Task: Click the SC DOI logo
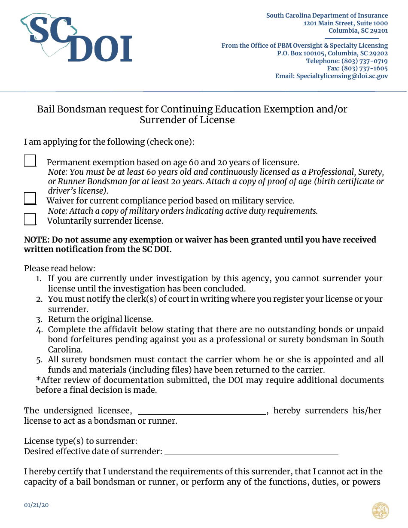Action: pos(76,39)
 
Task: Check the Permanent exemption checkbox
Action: pos(30,161)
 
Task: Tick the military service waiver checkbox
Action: pos(30,199)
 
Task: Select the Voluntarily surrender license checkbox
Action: pos(30,219)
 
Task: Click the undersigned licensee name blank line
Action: pos(202,411)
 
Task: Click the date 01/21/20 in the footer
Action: pos(37,505)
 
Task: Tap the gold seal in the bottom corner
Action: pos(380,511)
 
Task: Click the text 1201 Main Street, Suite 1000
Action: pos(345,23)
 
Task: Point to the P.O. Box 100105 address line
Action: pos(332,53)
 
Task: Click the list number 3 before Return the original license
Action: pos(39,319)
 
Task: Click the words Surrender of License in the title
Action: pos(187,120)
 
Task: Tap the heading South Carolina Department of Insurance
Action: pos(327,15)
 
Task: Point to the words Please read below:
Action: pos(59,268)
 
